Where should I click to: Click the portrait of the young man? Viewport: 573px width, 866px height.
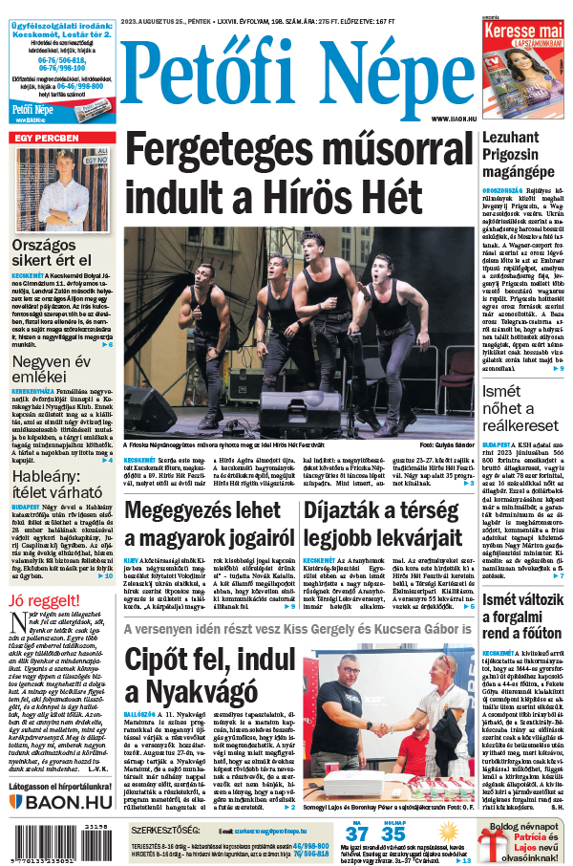pos(64,185)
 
